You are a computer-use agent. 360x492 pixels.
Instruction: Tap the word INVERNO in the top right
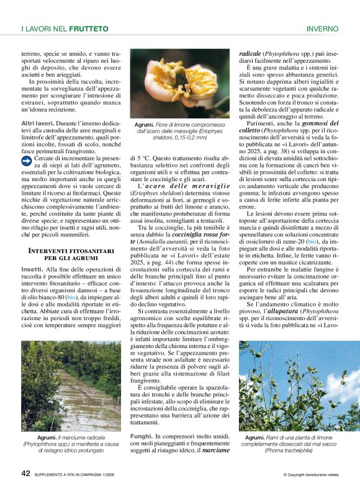pos(322,29)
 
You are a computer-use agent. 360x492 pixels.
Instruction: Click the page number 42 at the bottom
pos(26,473)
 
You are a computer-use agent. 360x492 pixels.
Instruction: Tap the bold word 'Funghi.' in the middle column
pos(142,437)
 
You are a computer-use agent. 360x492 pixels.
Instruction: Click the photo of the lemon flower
pos(179,84)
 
